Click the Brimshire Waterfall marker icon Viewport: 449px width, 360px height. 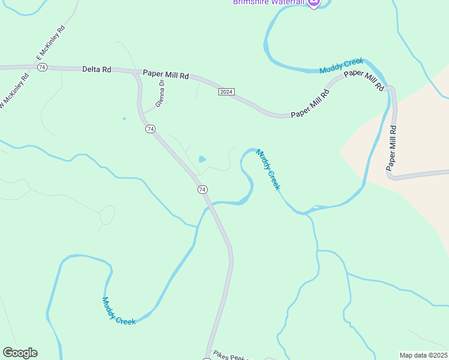(x=313, y=3)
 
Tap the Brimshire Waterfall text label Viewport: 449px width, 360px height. (x=270, y=2)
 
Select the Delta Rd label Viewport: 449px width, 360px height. (x=97, y=70)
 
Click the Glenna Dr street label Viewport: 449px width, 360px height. (x=160, y=94)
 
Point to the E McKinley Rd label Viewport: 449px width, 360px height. (x=50, y=42)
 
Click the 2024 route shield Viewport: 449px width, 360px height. (x=226, y=92)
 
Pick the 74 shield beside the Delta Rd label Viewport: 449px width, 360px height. (x=41, y=67)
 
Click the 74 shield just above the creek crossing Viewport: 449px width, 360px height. (x=202, y=190)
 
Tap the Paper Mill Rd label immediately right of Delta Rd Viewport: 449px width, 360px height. (x=166, y=75)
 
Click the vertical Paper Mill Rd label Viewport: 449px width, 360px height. (x=392, y=146)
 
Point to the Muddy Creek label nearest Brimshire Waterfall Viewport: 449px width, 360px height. (x=342, y=65)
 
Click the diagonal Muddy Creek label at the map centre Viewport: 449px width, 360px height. (x=268, y=169)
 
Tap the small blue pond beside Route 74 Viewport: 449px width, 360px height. (x=202, y=160)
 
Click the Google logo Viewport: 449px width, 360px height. (x=20, y=353)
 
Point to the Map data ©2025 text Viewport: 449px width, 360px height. (x=423, y=355)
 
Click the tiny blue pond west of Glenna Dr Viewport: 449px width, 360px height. (x=124, y=118)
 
